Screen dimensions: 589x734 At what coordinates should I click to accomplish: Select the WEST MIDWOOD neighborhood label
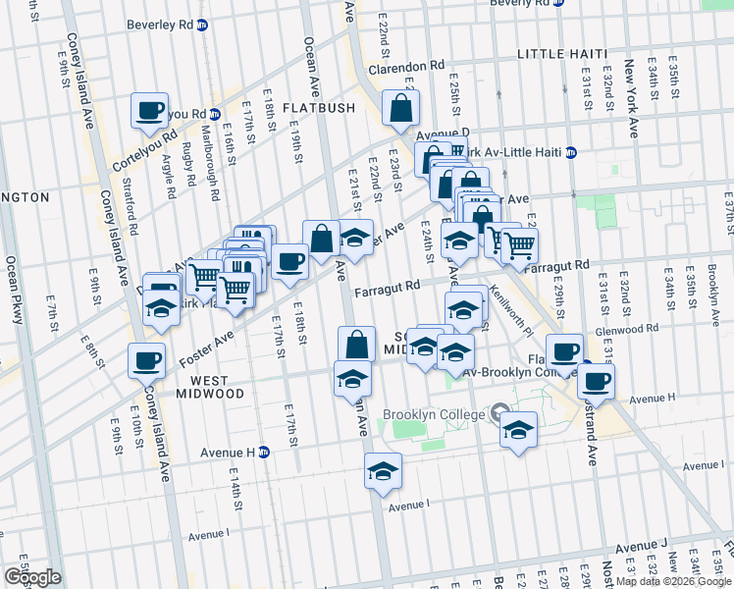tap(203, 387)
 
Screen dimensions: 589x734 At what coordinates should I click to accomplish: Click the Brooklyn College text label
tap(434, 414)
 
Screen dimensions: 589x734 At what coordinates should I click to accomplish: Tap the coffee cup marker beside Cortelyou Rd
tap(150, 111)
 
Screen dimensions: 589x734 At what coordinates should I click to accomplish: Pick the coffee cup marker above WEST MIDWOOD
tap(146, 360)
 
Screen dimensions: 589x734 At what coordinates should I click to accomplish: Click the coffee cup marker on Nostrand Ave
tap(596, 381)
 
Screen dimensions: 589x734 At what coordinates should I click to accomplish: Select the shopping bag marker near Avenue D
tap(401, 110)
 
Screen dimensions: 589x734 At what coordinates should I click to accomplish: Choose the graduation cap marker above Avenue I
tap(383, 471)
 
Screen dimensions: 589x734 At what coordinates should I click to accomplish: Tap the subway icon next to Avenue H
tap(264, 452)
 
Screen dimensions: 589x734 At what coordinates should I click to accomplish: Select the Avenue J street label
tap(641, 545)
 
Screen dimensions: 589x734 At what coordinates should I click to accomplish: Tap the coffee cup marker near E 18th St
tap(289, 262)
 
